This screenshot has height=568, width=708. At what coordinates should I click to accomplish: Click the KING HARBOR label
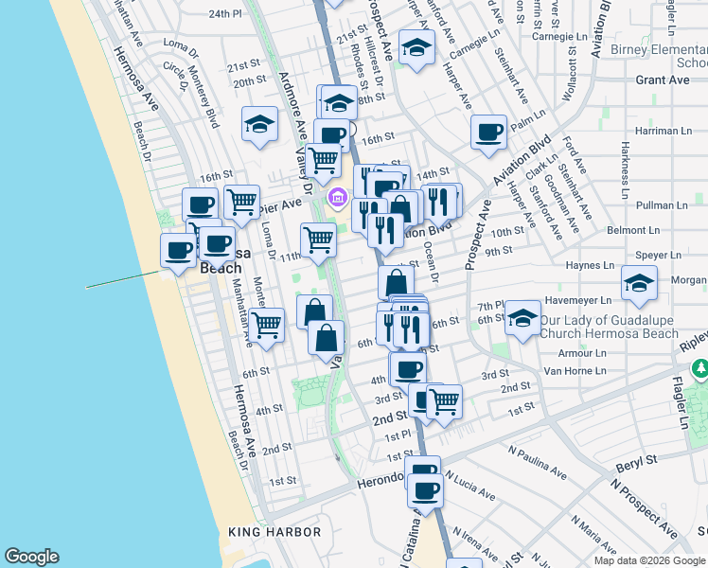(x=274, y=532)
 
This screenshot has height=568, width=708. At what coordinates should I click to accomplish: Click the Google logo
(x=31, y=557)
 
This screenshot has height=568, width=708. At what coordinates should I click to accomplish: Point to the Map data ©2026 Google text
(x=649, y=560)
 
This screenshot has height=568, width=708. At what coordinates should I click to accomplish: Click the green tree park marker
(x=699, y=367)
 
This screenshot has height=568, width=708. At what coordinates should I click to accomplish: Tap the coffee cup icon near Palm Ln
(x=488, y=132)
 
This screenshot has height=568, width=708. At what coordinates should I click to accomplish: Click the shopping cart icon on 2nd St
(x=443, y=401)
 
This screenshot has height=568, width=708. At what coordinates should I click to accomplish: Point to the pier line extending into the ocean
(x=123, y=280)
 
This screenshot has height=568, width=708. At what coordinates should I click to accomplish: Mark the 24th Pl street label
(x=226, y=14)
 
